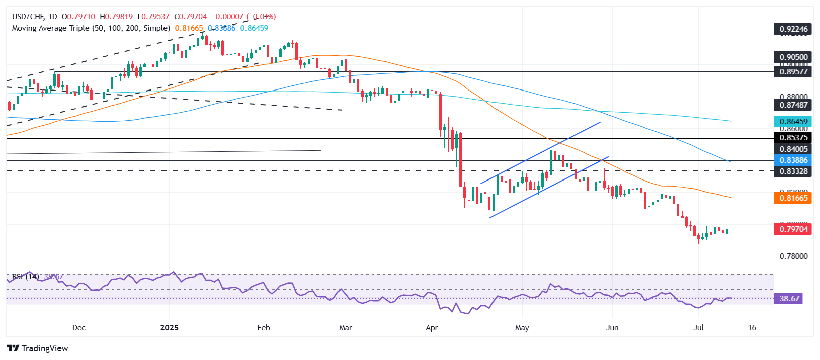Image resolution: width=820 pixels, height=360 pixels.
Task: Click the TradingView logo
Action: pyautogui.click(x=37, y=348)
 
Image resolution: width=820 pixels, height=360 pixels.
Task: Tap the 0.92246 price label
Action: pyautogui.click(x=793, y=29)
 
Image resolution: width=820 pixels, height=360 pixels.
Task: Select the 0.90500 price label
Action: pyautogui.click(x=793, y=57)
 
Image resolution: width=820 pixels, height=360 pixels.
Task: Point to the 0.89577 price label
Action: pyautogui.click(x=793, y=72)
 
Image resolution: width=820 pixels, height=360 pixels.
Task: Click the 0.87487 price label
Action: pyautogui.click(x=793, y=105)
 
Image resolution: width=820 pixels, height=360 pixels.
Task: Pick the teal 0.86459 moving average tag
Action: pyautogui.click(x=793, y=121)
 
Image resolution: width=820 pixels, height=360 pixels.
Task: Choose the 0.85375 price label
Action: pyautogui.click(x=793, y=138)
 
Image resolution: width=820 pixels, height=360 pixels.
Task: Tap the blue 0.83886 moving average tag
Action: pyautogui.click(x=793, y=160)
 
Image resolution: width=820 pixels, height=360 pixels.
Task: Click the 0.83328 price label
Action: pyautogui.click(x=793, y=171)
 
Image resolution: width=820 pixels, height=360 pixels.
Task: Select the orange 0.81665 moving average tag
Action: pyautogui.click(x=793, y=198)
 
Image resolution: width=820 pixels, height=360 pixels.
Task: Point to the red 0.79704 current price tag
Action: pyautogui.click(x=793, y=229)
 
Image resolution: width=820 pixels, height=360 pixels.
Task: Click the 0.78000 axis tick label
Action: pyautogui.click(x=793, y=256)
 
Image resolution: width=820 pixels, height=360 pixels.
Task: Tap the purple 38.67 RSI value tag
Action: pyautogui.click(x=789, y=299)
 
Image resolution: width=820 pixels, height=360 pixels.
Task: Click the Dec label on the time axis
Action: pyautogui.click(x=79, y=328)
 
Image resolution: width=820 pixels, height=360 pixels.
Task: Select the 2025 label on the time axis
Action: pyautogui.click(x=169, y=328)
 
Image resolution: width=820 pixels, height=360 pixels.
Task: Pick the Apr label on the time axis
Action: pyautogui.click(x=432, y=328)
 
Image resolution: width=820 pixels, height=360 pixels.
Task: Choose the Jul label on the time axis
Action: pyautogui.click(x=698, y=328)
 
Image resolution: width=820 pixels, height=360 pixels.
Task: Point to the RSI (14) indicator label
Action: pyautogui.click(x=25, y=277)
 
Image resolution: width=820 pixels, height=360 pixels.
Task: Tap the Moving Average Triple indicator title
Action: pyautogui.click(x=91, y=28)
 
